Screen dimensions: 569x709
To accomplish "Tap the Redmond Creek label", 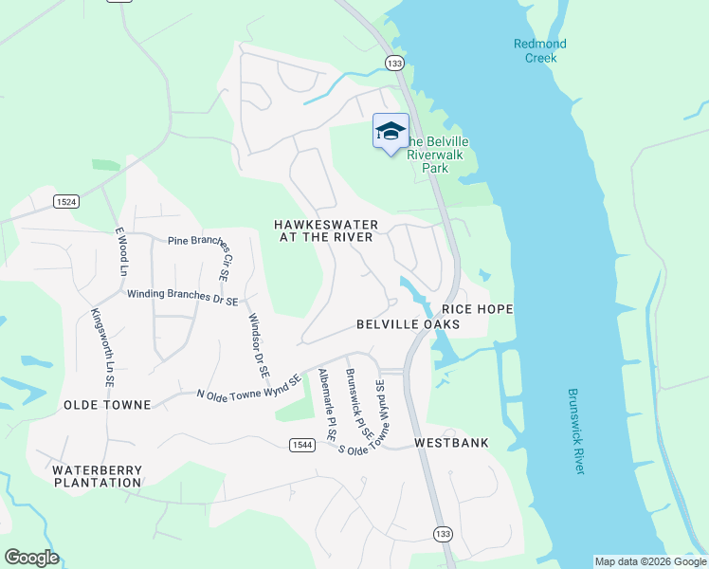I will point(540,50).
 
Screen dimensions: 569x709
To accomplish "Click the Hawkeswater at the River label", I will point(326,230).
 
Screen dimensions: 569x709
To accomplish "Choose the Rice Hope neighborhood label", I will point(477,309).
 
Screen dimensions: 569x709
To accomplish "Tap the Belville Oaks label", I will point(408,324).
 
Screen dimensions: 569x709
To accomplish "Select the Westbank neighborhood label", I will point(451,443).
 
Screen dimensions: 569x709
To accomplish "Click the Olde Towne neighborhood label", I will point(107,405).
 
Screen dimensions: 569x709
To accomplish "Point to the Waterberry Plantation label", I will point(97,476).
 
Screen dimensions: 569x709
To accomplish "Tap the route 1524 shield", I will point(65,201).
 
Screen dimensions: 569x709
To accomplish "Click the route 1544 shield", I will point(302,445).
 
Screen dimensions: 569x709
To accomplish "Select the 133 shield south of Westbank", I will point(443,534).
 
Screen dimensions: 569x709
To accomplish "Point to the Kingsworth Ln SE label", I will point(102,346).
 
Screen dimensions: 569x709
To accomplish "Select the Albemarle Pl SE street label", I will point(328,404).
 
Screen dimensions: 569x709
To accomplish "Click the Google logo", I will point(31,558).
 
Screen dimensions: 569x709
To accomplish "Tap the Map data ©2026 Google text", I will point(649,561).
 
